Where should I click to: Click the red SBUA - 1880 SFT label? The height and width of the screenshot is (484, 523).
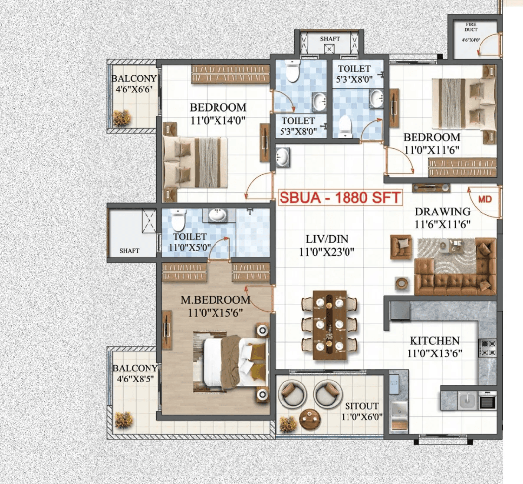pyautogui.click(x=339, y=198)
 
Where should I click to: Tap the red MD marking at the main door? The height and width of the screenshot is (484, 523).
pyautogui.click(x=485, y=199)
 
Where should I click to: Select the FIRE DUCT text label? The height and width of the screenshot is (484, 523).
pyautogui.click(x=471, y=27)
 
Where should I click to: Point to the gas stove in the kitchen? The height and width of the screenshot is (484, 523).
pyautogui.click(x=487, y=348)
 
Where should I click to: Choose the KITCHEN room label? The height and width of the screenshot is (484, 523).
pyautogui.click(x=434, y=340)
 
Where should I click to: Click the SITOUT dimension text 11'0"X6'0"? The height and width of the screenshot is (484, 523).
pyautogui.click(x=362, y=417)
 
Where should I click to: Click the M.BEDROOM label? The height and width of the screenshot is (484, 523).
pyautogui.click(x=215, y=300)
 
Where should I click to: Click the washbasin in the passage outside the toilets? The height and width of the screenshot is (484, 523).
pyautogui.click(x=283, y=157)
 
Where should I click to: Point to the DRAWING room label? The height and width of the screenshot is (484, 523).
pyautogui.click(x=442, y=212)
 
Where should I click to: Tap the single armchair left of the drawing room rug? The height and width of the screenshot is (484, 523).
pyautogui.click(x=401, y=247)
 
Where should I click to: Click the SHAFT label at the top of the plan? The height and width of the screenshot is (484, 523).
pyautogui.click(x=330, y=39)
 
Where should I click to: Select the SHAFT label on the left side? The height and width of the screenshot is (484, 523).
pyautogui.click(x=129, y=250)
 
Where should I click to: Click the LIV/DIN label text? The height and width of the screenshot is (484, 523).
pyautogui.click(x=326, y=239)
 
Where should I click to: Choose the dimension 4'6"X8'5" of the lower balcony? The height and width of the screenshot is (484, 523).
pyautogui.click(x=135, y=379)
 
